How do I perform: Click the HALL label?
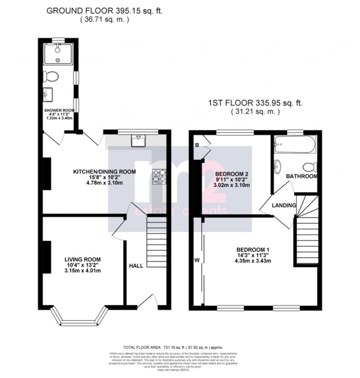coord(136,266)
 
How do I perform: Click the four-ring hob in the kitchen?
coord(159,176)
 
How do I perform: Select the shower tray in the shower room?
coord(58,54)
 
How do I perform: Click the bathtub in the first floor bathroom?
coord(295,145)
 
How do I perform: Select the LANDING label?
coord(284,205)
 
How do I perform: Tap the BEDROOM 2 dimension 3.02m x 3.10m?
coord(232,185)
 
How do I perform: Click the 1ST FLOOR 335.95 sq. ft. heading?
coord(256,103)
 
